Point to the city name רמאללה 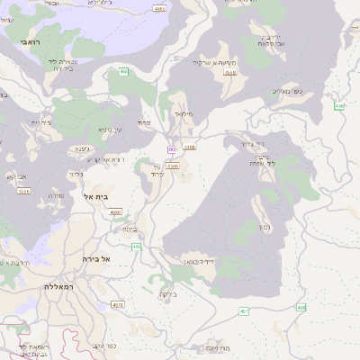(x=59, y=286)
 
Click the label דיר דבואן (x=199, y=261)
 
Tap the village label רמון (x=266, y=227)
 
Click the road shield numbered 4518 (x=230, y=71)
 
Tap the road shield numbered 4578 (x=118, y=305)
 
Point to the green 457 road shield (x=244, y=310)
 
